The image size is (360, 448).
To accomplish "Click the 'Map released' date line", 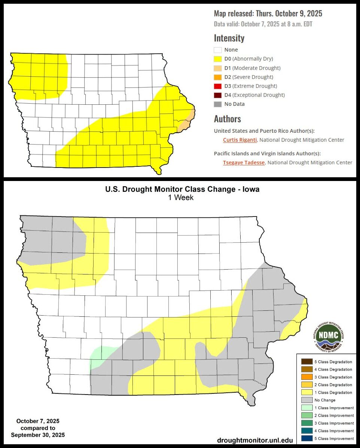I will [268, 14].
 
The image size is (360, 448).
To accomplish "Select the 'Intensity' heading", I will [229, 38].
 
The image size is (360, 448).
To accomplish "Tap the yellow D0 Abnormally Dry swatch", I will [218, 59].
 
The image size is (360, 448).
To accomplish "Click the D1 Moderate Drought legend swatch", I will [218, 68].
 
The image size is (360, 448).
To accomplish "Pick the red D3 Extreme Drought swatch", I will [218, 86].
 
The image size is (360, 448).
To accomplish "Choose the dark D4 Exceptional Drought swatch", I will [218, 95].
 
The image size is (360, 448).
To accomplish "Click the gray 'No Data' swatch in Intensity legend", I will [218, 104].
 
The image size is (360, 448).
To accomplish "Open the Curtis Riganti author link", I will [240, 140].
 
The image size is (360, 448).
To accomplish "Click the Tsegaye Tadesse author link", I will [244, 162].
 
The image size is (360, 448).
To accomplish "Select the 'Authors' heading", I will [227, 119].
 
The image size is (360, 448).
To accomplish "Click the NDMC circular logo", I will [328, 336].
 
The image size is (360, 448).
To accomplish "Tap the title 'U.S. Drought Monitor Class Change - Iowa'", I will [182, 189].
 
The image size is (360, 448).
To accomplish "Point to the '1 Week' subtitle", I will [181, 197].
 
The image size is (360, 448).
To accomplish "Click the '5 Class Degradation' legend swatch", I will [306, 362].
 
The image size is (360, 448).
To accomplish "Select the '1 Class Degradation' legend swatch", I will [306, 392].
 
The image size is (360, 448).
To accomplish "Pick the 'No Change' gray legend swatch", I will [306, 400].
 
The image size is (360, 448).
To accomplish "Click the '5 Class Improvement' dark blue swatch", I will [306, 438].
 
